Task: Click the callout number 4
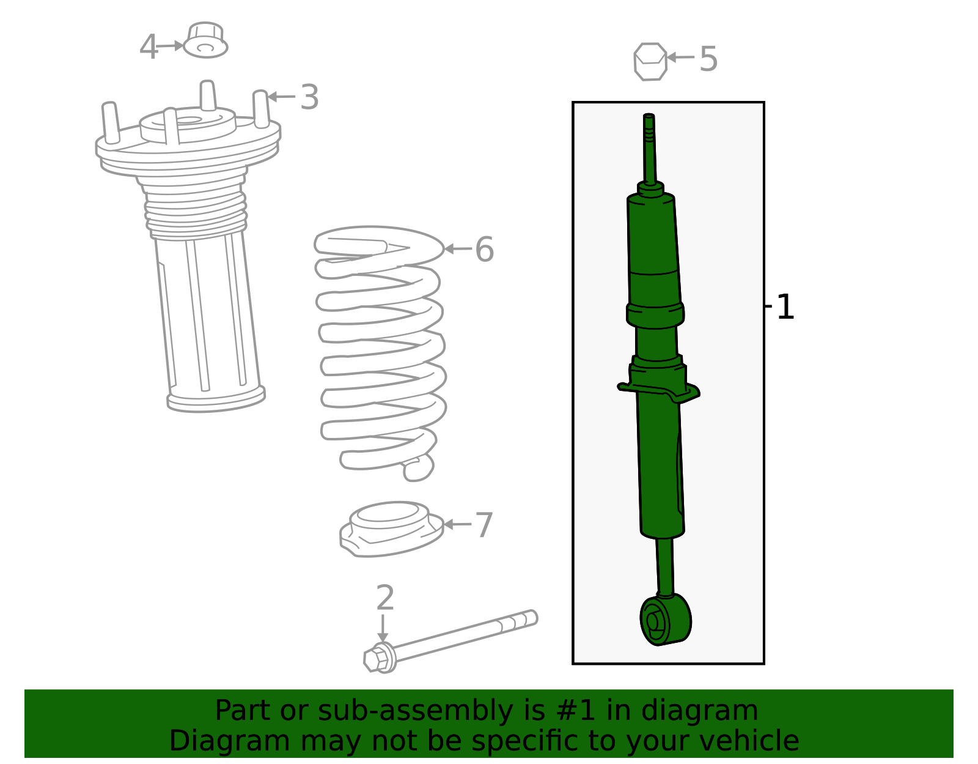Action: pos(149,48)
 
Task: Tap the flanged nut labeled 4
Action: pos(205,41)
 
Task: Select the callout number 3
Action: pos(309,98)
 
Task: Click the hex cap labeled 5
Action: pos(650,61)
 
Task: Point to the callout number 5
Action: pos(708,59)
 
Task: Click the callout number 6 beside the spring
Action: pos(484,250)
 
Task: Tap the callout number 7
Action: pos(484,525)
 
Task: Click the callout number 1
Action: pos(785,307)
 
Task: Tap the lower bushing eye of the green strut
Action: pos(664,619)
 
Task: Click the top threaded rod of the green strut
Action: pos(649,147)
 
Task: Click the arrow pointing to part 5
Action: pos(680,57)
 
